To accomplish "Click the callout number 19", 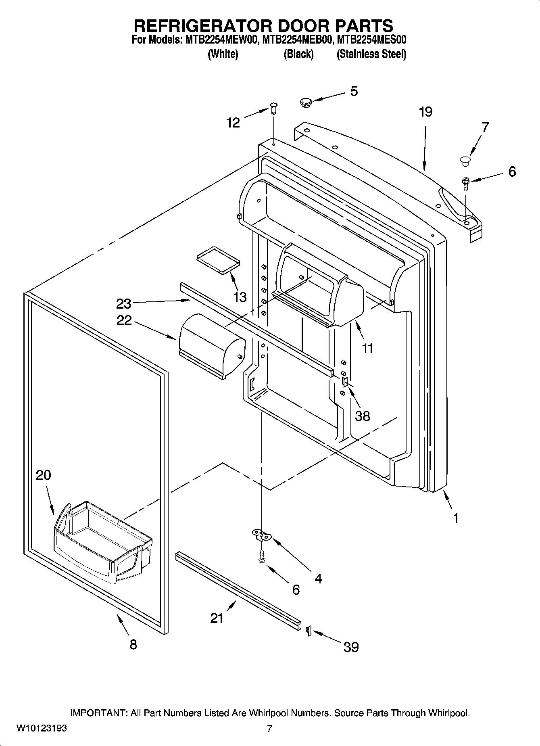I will click(425, 112).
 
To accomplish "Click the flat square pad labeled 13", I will click(217, 260).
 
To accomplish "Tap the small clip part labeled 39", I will click(308, 630).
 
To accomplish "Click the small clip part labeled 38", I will click(345, 382).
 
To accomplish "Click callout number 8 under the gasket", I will click(133, 644).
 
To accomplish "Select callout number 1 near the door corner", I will click(456, 518).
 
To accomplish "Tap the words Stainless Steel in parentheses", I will click(371, 54).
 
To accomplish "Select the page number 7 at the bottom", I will click(269, 729).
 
